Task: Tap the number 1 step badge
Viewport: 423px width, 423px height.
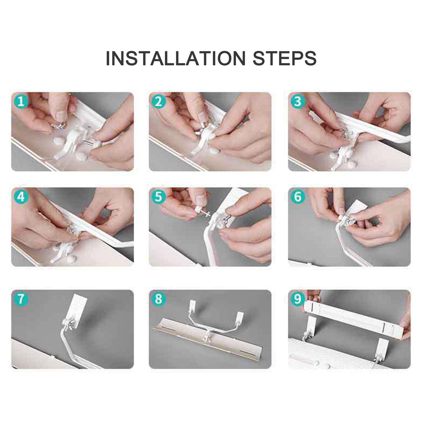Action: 21,101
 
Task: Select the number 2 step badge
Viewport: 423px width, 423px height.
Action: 158,101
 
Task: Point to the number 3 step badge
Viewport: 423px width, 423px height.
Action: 298,101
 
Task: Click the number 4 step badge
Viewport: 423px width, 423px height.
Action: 21,197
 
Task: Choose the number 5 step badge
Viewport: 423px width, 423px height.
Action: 158,197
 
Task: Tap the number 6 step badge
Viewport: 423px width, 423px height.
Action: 298,197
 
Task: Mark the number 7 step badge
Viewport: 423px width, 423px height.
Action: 21,299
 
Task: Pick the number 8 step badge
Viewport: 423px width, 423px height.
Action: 158,299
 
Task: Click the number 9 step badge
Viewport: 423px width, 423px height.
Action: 298,299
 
